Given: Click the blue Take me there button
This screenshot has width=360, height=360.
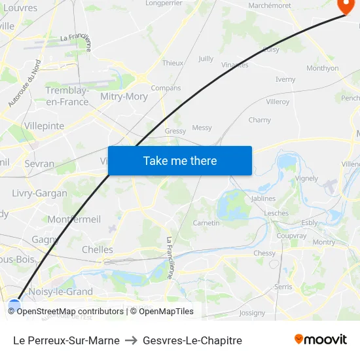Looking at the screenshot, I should (180, 161).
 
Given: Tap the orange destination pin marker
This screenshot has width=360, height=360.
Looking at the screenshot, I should (345, 6).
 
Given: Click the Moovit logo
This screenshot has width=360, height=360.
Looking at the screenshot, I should (321, 339).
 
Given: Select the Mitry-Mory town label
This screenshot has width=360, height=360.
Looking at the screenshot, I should (124, 96).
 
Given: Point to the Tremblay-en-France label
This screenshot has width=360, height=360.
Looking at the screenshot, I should (67, 96).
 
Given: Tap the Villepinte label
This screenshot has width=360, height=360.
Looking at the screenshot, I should (44, 126).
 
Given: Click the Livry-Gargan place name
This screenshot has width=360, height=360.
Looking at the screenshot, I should (39, 193).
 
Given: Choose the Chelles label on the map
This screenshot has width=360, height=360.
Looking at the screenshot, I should (98, 249).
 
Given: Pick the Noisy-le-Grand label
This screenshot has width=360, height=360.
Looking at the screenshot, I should (62, 292).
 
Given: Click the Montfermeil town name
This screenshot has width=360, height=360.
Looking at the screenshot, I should (74, 219).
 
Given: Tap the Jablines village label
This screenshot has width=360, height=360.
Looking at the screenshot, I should (263, 198).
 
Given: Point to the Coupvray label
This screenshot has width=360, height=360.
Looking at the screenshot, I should (291, 236).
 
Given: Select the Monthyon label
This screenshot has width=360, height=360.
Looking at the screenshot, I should (322, 68).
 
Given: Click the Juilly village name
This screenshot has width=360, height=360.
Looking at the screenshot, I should (206, 58).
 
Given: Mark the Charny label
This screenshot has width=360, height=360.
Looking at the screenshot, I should (260, 120).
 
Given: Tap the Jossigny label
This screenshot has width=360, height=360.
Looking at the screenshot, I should (252, 313).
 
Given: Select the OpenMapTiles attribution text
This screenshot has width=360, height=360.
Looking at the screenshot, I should (166, 312).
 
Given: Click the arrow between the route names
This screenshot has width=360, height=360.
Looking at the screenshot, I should (131, 340).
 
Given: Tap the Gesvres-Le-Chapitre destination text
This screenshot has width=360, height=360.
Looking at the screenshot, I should (192, 340).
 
